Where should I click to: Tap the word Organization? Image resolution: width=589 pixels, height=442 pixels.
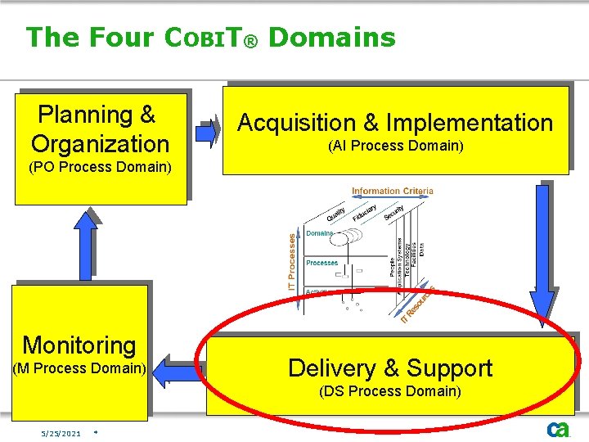click(100, 144)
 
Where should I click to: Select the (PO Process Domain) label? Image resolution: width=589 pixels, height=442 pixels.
click(100, 168)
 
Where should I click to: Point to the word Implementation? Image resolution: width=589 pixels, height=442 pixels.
click(470, 123)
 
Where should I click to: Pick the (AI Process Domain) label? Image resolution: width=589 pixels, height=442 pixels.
click(395, 147)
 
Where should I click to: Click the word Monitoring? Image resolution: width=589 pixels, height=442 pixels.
click(79, 345)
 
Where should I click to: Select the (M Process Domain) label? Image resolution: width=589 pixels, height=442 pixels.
click(80, 368)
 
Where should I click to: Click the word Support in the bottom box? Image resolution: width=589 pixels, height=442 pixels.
click(449, 368)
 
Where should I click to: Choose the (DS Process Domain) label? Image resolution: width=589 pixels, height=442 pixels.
click(391, 391)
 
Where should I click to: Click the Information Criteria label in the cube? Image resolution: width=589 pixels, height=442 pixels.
click(392, 191)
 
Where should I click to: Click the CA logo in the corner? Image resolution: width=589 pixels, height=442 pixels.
click(559, 430)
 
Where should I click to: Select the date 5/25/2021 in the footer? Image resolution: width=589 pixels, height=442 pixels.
click(61, 433)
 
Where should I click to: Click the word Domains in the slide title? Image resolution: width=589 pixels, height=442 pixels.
click(331, 37)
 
